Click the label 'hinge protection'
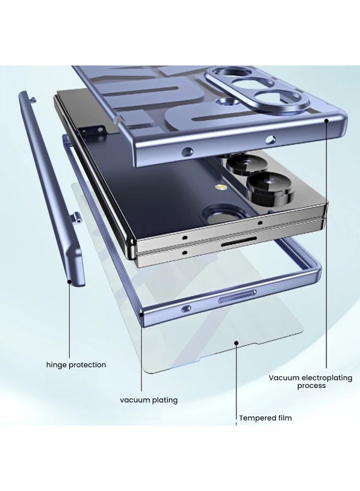(76, 365)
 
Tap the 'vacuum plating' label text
(149, 400)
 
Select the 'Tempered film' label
(266, 418)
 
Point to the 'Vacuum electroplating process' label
(310, 381)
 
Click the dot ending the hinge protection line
(69, 282)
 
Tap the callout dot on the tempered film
(236, 343)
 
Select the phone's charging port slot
(239, 242)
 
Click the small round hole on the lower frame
(186, 309)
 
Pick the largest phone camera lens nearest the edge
(271, 188)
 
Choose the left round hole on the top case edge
(187, 152)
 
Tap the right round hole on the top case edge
(271, 140)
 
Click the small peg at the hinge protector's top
(33, 100)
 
